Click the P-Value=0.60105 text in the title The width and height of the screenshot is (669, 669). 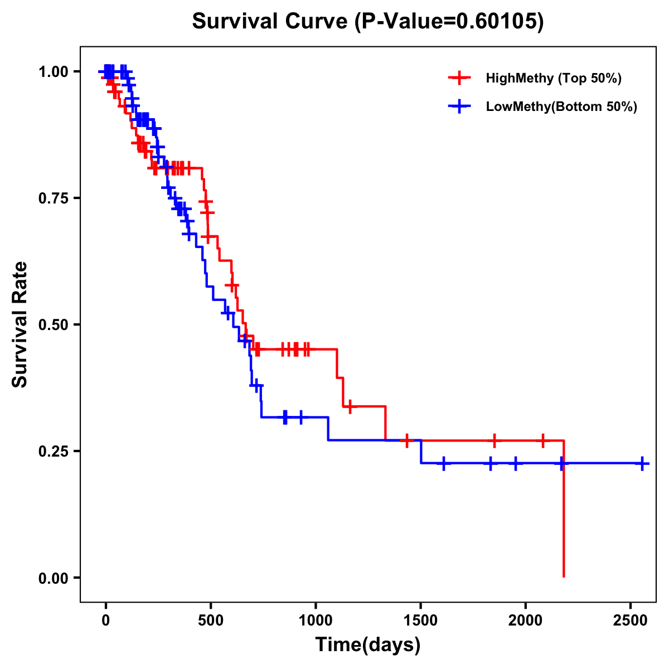[x=449, y=22]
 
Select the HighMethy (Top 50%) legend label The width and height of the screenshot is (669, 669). [x=553, y=78]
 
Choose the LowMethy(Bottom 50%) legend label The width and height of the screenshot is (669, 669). [x=561, y=107]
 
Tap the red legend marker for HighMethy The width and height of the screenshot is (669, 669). [x=459, y=78]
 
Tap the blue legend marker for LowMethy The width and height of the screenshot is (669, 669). [x=459, y=107]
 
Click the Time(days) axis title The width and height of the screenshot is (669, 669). [x=368, y=644]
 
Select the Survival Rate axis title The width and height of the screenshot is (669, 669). [x=20, y=324]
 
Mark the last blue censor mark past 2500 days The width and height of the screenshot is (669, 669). [x=642, y=463]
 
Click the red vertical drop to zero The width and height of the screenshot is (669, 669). [x=564, y=513]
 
